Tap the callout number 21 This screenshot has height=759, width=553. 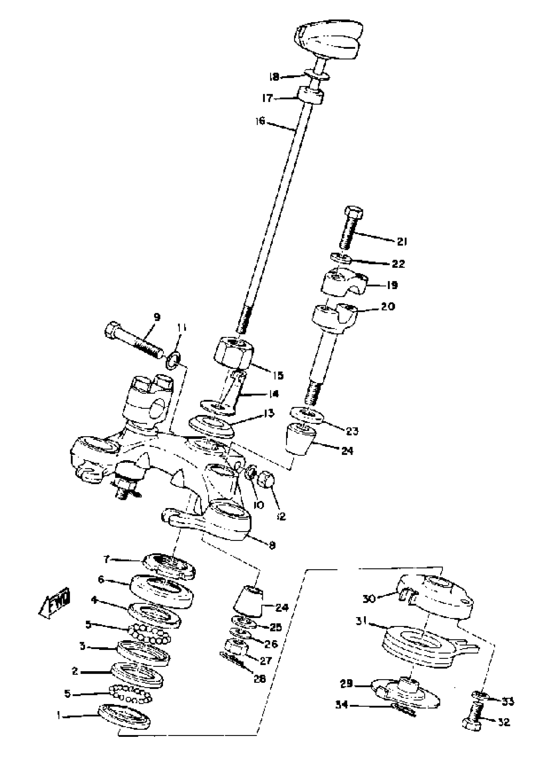[x=402, y=241]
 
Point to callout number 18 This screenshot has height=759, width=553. [x=274, y=77]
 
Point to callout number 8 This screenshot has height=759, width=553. [x=272, y=545]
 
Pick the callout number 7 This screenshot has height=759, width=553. [x=106, y=559]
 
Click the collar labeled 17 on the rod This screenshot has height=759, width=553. [x=311, y=96]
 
